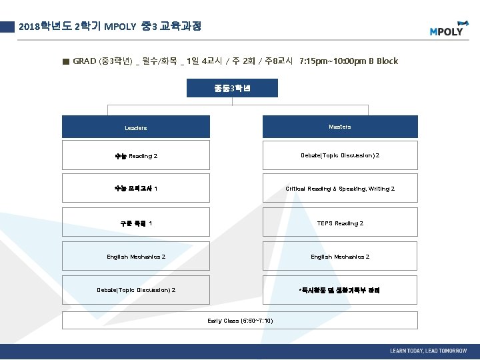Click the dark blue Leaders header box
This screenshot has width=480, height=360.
pos(136,127)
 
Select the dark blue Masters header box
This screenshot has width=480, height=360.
pos(340,127)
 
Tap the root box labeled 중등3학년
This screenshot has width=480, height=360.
pos(232,88)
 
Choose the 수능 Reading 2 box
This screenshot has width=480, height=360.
pos(136,155)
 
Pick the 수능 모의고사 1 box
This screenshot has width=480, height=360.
pos(136,188)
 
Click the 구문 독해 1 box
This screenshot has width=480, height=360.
pos(136,223)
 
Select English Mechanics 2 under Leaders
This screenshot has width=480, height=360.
pos(136,257)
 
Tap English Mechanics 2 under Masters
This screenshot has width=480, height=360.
pos(340,257)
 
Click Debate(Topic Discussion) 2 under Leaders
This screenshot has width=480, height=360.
pos(136,290)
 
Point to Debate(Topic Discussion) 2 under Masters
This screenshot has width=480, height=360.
pos(340,155)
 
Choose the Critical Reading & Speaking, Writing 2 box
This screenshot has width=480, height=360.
pos(340,189)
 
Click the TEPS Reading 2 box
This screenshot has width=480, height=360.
pos(340,223)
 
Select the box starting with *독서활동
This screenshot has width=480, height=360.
pos(340,290)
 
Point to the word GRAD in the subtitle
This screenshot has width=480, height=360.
pos(85,61)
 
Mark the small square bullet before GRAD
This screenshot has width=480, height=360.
pos(65,61)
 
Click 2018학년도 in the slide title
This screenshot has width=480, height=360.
pos(46,27)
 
